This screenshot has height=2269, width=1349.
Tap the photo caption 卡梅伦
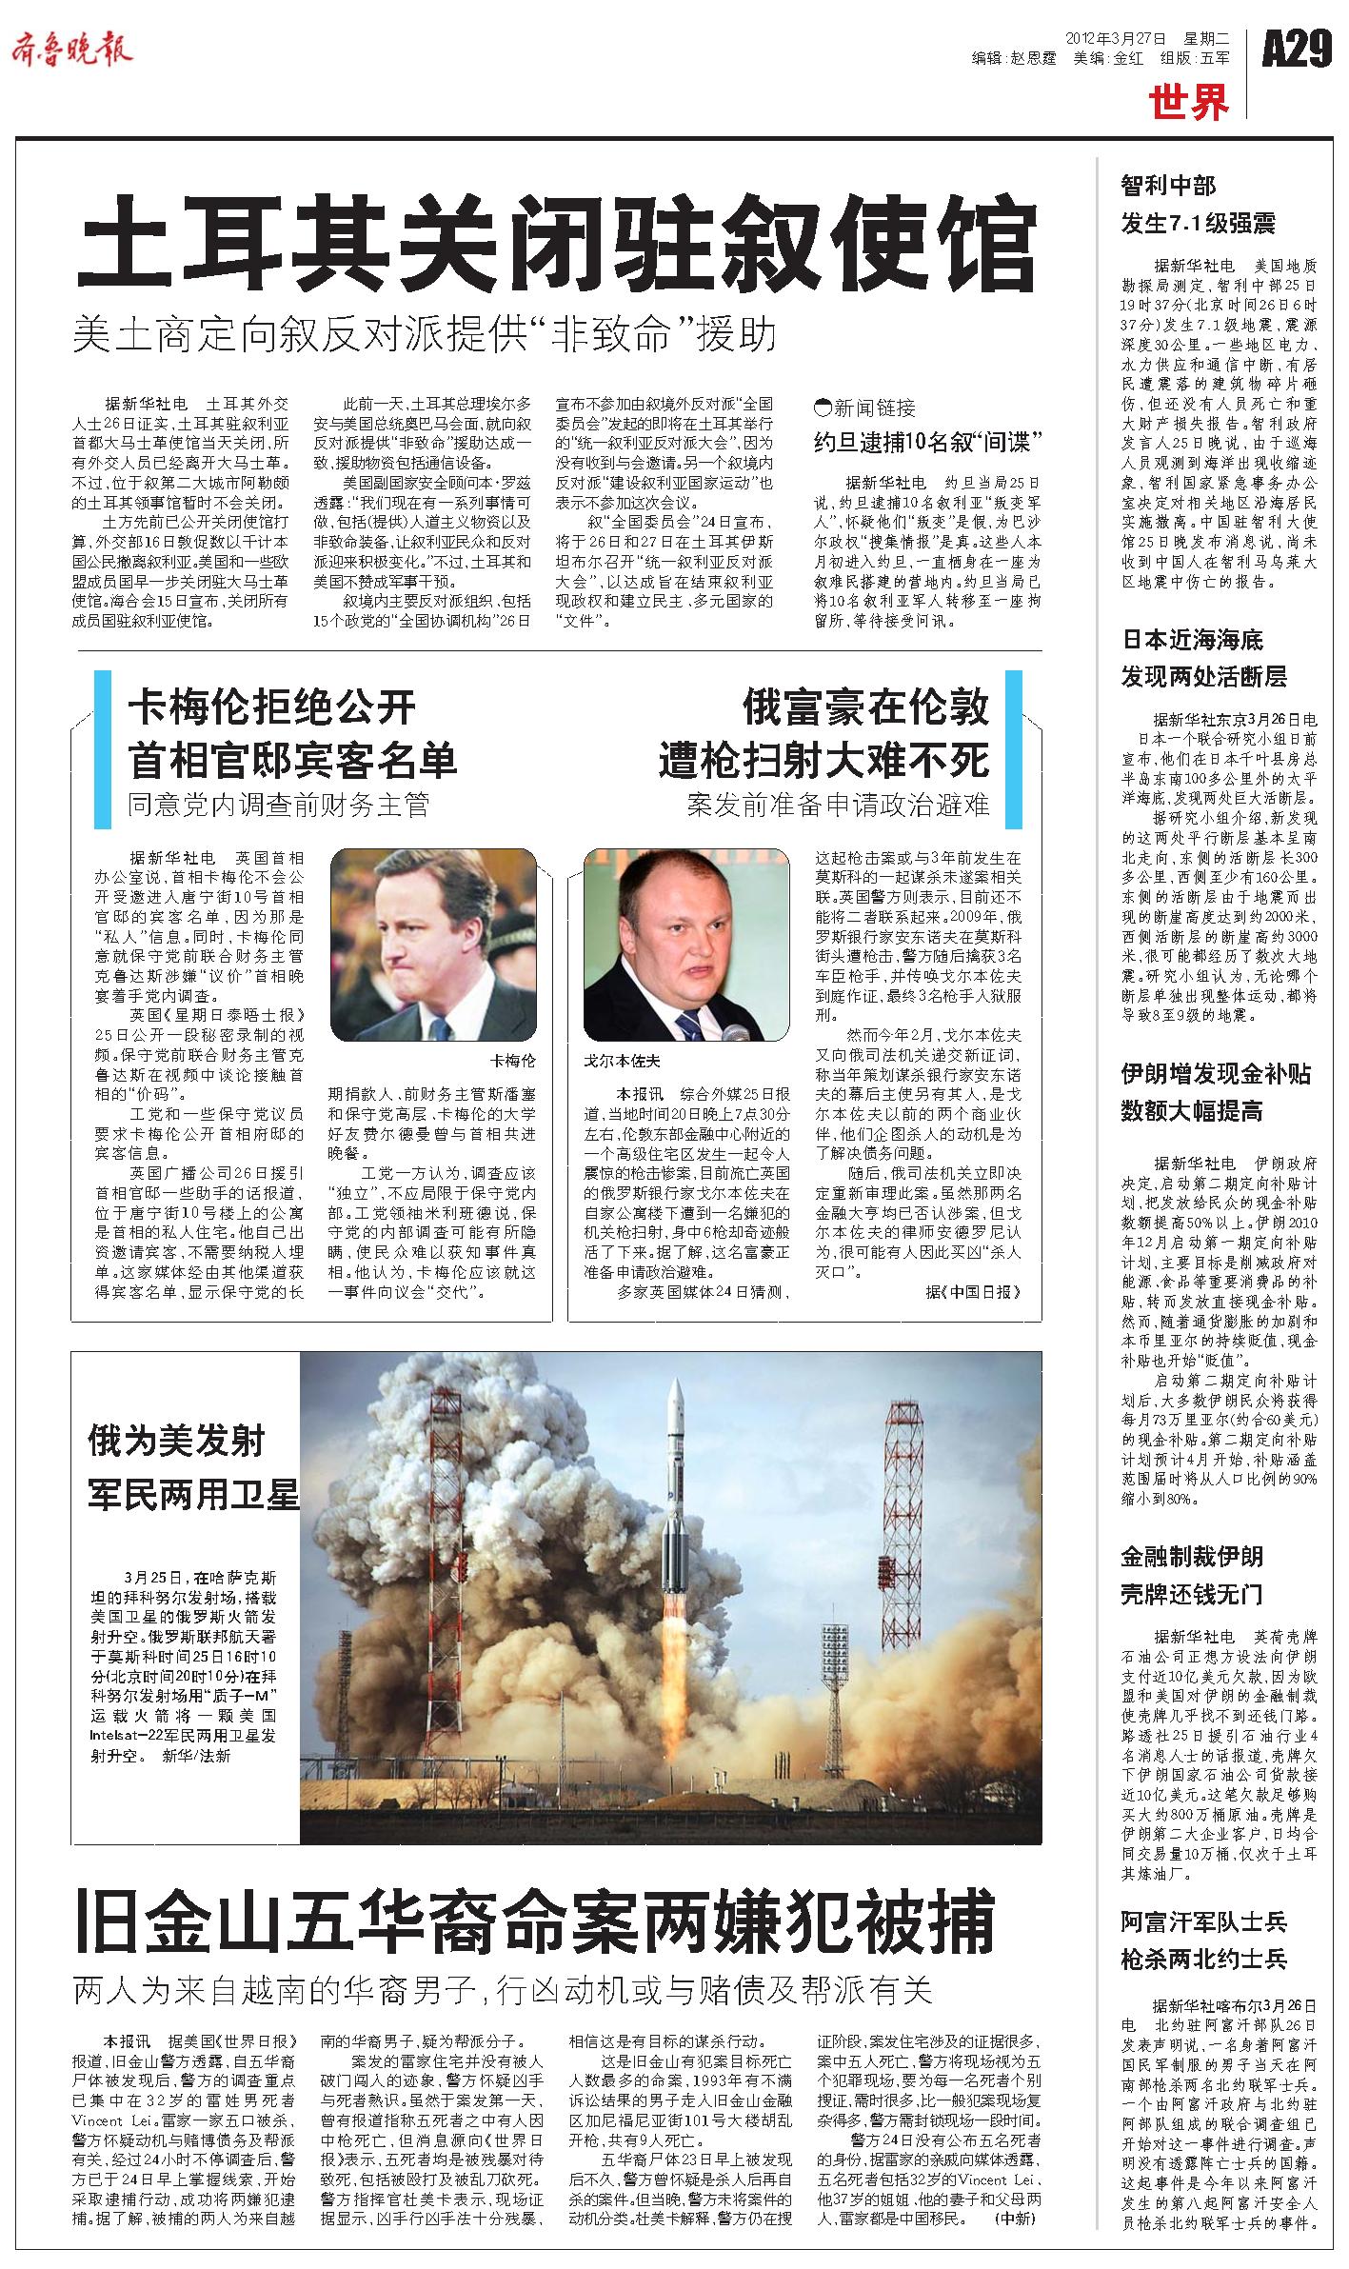[512, 1060]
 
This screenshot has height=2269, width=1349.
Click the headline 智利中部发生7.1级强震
[1197, 205]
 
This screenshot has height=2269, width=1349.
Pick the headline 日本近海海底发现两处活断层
[1203, 658]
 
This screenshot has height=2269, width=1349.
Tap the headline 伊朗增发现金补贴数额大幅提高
[1215, 1092]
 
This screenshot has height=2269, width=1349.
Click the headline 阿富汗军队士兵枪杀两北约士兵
[1202, 1940]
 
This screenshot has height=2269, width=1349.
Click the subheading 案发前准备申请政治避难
[838, 805]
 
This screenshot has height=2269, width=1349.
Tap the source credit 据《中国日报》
[972, 1291]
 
